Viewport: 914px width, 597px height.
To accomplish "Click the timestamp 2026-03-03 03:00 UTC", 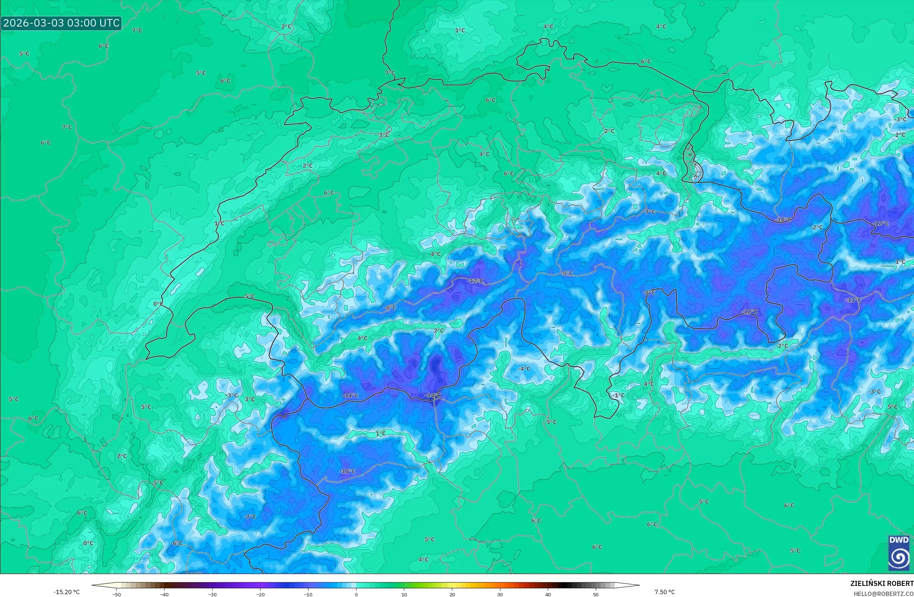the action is pyautogui.click(x=61, y=23).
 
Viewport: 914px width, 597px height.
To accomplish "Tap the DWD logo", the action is pyautogui.click(x=899, y=553).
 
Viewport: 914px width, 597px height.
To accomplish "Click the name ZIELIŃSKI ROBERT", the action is pyautogui.click(x=882, y=583).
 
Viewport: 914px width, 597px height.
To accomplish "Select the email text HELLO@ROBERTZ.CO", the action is pyautogui.click(x=883, y=593).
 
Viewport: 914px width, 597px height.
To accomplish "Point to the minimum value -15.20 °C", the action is pyautogui.click(x=67, y=592).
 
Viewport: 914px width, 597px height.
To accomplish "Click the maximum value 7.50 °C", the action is pyautogui.click(x=664, y=592).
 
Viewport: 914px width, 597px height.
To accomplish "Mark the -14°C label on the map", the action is pyautogui.click(x=433, y=395).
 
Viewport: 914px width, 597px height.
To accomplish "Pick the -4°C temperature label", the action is pyautogui.click(x=524, y=368).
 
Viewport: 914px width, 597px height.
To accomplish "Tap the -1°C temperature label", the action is pyautogui.click(x=618, y=395).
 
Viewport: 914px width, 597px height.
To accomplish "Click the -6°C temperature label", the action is pyautogui.click(x=176, y=543).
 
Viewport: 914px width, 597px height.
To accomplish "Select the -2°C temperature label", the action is pyautogui.click(x=817, y=227).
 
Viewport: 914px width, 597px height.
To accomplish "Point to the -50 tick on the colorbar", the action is pyautogui.click(x=117, y=594).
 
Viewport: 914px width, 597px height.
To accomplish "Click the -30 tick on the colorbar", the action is pyautogui.click(x=212, y=594).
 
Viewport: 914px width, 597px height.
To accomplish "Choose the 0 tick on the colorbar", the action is pyautogui.click(x=356, y=594).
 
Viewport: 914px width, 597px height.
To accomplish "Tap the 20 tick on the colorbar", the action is pyautogui.click(x=452, y=594).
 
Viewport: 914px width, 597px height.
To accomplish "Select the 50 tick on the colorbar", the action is pyautogui.click(x=595, y=594).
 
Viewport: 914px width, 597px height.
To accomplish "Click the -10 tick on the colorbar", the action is pyautogui.click(x=308, y=594).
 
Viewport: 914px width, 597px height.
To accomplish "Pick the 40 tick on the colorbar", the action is pyautogui.click(x=548, y=594).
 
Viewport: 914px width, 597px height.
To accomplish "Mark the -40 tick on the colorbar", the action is pyautogui.click(x=164, y=594).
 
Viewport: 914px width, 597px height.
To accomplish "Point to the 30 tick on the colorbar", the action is pyautogui.click(x=500, y=594).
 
